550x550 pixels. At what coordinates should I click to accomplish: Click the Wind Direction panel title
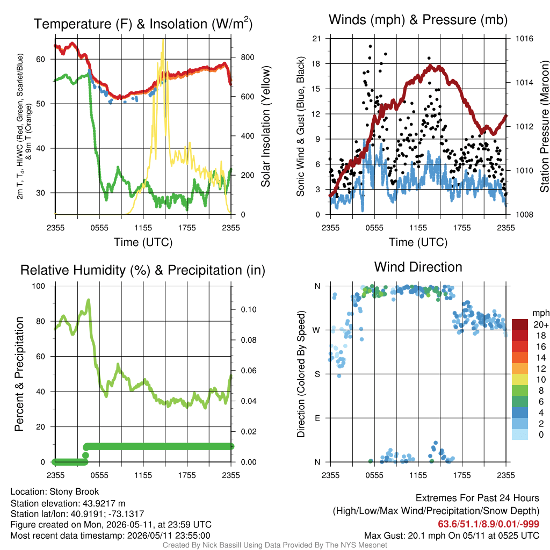[x=418, y=267]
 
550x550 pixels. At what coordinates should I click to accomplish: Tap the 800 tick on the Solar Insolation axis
[x=247, y=57]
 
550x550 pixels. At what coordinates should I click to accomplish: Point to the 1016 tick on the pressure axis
[x=524, y=39]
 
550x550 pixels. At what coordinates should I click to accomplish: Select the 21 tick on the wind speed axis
[x=316, y=39]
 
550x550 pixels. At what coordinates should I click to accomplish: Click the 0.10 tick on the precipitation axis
[x=249, y=310]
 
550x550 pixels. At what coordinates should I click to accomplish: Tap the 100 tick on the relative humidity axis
[x=39, y=286]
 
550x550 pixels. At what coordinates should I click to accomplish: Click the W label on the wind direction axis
[x=316, y=330]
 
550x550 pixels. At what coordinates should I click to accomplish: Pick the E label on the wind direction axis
[x=317, y=418]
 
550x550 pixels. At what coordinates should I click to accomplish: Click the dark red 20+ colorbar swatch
[x=520, y=324]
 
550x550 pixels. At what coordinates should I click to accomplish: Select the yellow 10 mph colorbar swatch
[x=520, y=380]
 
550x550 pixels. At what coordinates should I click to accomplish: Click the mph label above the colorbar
[x=541, y=313]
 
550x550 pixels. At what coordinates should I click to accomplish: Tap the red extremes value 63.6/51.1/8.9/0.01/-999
[x=488, y=524]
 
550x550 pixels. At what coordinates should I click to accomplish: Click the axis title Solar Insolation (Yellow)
[x=265, y=126]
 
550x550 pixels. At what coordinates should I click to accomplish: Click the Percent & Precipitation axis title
[x=19, y=374]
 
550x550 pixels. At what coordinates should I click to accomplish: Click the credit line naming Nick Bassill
[x=274, y=545]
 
